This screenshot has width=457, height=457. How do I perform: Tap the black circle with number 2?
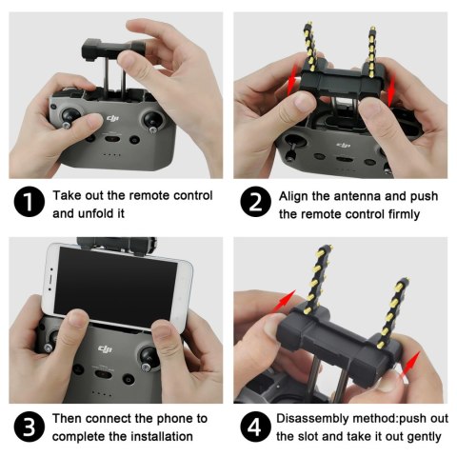click(x=255, y=205)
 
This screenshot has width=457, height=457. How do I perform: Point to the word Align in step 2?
click(x=295, y=195)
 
